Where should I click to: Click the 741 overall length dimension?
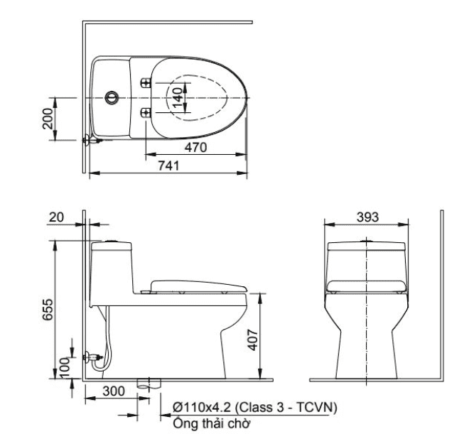(x=169, y=166)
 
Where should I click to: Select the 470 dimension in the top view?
(x=196, y=148)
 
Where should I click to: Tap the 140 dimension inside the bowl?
(x=178, y=97)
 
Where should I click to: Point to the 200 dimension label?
(x=48, y=119)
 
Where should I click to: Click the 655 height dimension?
(x=48, y=310)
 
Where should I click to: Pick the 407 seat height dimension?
(x=253, y=340)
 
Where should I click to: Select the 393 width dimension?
(x=367, y=217)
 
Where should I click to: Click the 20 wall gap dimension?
(x=57, y=217)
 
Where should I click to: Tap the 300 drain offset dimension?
(x=114, y=391)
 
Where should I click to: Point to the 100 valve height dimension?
(x=65, y=367)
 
